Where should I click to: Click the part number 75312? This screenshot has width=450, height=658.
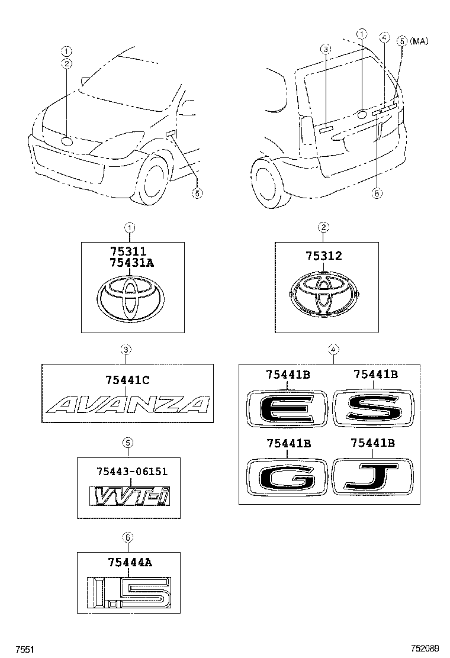[324, 256]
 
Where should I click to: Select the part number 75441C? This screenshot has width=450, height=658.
[126, 381]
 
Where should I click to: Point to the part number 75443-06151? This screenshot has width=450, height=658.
[131, 471]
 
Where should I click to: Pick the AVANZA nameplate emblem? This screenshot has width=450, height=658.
[128, 404]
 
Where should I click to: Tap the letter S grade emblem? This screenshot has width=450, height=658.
[372, 408]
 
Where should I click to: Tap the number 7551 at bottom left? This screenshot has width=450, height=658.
[24, 649]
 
